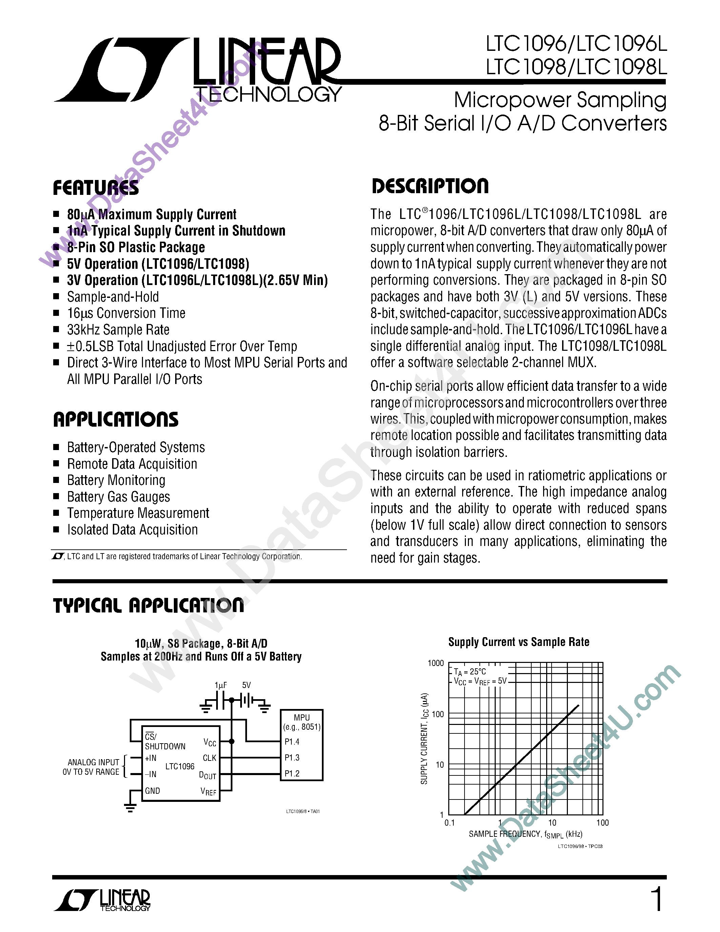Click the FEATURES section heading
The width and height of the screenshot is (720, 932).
(96, 188)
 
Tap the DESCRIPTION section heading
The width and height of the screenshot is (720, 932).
(430, 186)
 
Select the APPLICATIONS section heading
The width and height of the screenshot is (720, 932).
(116, 420)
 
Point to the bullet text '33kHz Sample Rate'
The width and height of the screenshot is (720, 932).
(118, 330)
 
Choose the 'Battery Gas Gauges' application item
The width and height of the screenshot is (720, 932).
(119, 497)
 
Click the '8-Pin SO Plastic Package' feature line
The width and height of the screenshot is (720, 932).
(136, 247)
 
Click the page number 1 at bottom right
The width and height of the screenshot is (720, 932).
(657, 899)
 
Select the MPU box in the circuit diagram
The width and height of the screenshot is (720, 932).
(302, 745)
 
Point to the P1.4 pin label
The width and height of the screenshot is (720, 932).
(292, 742)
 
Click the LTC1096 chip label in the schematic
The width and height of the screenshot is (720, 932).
(180, 766)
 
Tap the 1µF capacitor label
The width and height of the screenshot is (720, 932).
(221, 685)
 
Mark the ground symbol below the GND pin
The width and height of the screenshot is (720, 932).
(130, 807)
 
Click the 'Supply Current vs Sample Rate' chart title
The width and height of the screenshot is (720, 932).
(519, 642)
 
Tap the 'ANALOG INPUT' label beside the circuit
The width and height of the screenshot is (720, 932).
(94, 762)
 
